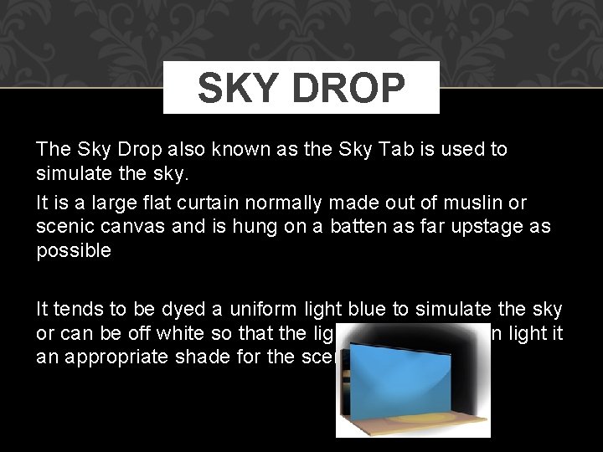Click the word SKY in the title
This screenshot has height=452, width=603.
238,88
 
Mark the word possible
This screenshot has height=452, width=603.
74,250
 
